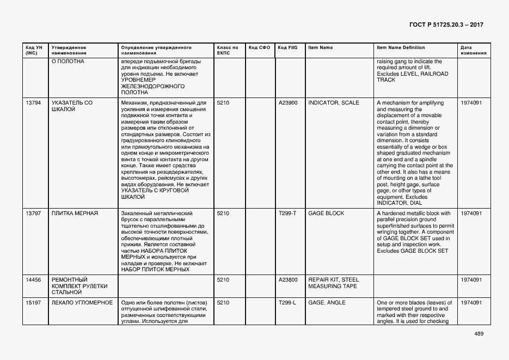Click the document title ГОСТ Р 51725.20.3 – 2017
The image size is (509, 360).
[445, 25]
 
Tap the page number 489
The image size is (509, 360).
[479, 333]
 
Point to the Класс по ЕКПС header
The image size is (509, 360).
[228, 51]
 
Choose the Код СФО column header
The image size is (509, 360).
[259, 48]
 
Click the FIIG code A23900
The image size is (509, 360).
[287, 103]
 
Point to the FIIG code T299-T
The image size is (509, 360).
[287, 213]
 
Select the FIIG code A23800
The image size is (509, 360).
[287, 280]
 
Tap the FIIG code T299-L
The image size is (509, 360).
[287, 303]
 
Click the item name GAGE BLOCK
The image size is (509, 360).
[326, 213]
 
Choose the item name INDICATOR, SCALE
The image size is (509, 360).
[334, 103]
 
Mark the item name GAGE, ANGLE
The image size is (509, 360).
[327, 303]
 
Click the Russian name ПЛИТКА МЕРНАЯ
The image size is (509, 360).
[75, 213]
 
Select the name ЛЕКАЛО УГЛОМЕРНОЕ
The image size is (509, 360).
[82, 303]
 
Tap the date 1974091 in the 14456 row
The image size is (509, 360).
[471, 280]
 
